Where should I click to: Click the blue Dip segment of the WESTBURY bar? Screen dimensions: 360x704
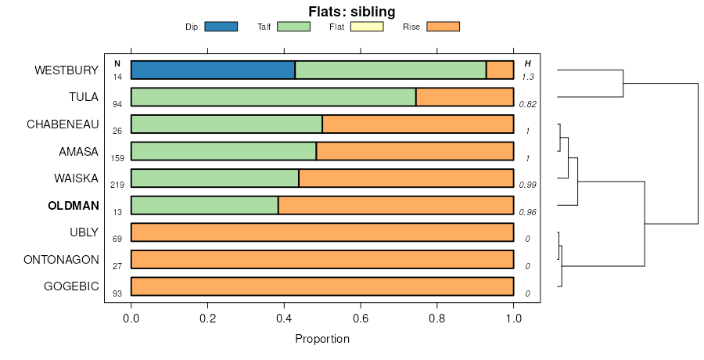[213, 70]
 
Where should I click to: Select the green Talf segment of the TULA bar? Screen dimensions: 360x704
[273, 97]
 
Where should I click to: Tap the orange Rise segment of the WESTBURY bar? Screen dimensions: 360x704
[500, 70]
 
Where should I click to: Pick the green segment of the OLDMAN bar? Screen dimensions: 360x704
[204, 205]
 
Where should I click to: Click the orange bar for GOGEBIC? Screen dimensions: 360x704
[322, 286]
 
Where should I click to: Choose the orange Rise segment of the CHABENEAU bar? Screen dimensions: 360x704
[418, 124]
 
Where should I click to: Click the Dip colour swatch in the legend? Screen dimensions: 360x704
[221, 27]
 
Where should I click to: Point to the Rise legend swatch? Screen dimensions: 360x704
[443, 27]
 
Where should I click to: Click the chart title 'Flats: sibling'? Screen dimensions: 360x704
[351, 11]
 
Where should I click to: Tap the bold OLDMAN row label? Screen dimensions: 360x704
[73, 206]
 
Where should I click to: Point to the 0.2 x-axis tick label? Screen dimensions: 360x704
[207, 319]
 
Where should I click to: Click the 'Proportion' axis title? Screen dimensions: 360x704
[322, 339]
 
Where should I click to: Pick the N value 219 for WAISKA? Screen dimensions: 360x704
[117, 185]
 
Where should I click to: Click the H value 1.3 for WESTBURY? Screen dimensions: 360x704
[528, 77]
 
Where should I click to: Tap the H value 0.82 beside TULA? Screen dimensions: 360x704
[528, 104]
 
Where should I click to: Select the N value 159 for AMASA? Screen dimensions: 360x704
[117, 158]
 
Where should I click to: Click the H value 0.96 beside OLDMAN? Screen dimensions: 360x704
[528, 212]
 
